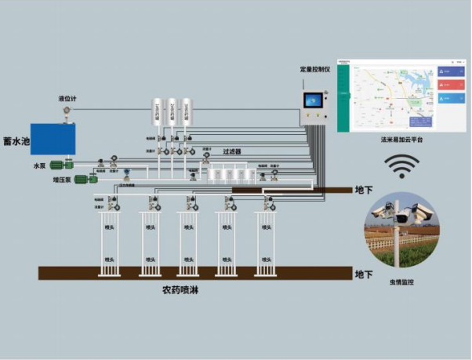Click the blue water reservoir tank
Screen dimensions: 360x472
(x=54, y=140)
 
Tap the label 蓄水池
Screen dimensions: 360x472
(x=16, y=142)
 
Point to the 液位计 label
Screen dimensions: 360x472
(x=67, y=99)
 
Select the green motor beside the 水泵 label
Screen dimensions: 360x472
(x=60, y=165)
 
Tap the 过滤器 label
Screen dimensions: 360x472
(x=232, y=151)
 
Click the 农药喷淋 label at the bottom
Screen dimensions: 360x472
(x=183, y=289)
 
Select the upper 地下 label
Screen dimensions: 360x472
(x=364, y=190)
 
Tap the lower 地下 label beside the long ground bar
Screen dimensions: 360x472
(x=364, y=275)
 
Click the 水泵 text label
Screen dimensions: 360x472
(x=40, y=165)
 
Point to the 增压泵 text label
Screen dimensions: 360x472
(x=62, y=180)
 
